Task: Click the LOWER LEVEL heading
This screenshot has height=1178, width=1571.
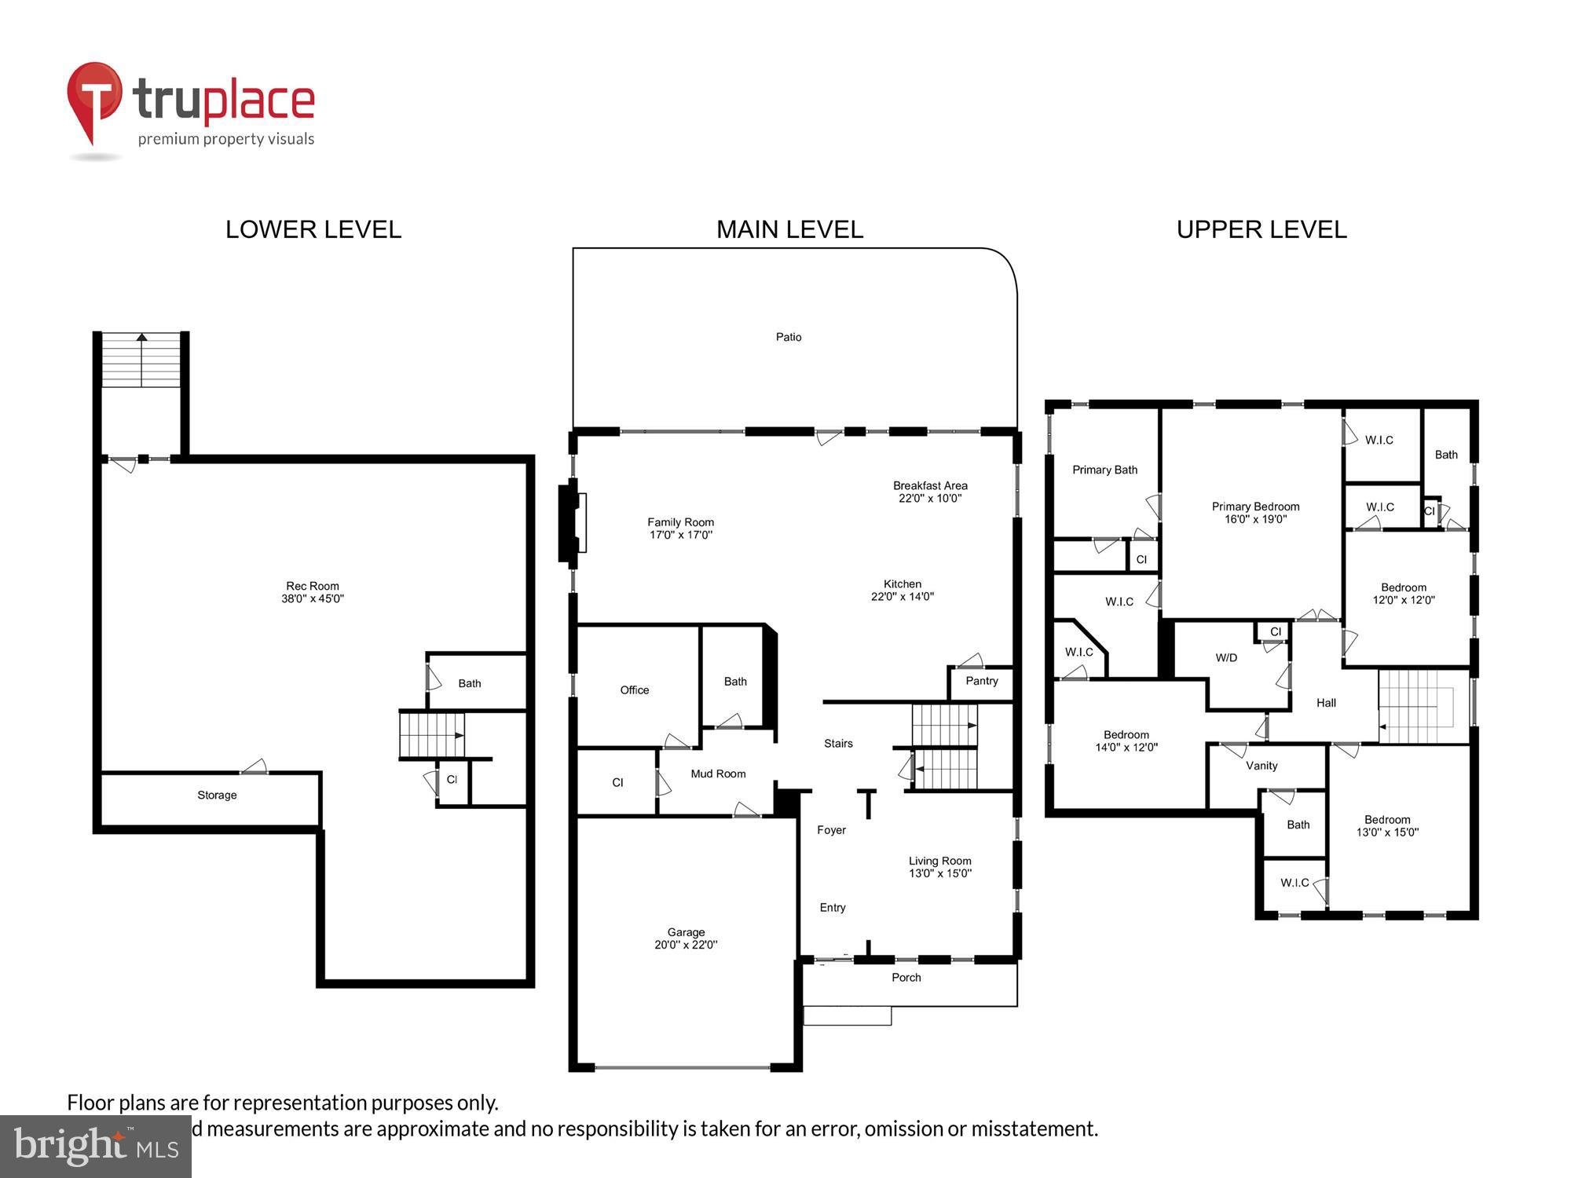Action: coord(313,229)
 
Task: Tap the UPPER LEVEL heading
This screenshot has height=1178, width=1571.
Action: coord(1262,229)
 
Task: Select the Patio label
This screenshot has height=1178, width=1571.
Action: coord(789,337)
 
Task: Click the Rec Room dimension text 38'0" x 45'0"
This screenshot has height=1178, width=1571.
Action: coord(313,598)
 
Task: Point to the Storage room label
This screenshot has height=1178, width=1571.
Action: coord(217,795)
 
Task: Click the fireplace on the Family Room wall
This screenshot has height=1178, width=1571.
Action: coord(573,523)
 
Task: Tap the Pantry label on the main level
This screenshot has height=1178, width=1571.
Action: coord(982,681)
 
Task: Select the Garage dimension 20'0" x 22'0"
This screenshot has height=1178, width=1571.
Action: coord(686,945)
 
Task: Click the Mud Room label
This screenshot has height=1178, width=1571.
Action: coord(718,774)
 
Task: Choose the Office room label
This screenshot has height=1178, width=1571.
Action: coord(635,690)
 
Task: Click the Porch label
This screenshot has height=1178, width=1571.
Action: coord(906,978)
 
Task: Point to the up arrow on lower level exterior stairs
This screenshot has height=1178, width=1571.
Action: coord(141,338)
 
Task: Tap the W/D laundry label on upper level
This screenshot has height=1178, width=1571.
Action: coord(1226,658)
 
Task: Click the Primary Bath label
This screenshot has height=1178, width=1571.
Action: coord(1104,470)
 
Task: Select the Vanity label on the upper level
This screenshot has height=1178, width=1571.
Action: coord(1262,766)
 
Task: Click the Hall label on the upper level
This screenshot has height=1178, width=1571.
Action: coord(1326,703)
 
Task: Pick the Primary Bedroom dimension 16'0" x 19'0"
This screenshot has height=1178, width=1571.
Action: coord(1255,519)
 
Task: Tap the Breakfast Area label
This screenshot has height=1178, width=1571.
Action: coord(930,485)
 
